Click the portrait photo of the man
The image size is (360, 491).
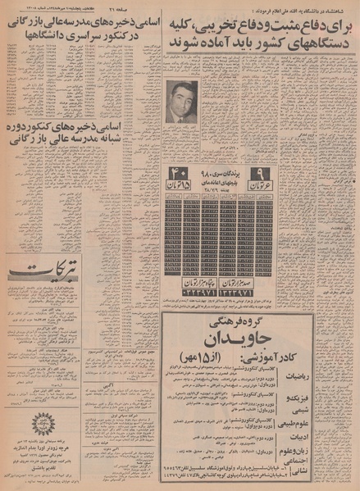[179, 102]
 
